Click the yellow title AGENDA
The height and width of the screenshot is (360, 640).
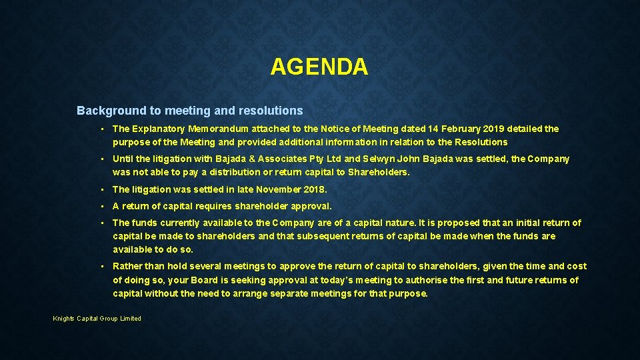(319, 67)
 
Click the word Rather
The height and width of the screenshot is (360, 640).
(127, 266)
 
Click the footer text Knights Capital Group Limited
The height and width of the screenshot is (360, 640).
(97, 319)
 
